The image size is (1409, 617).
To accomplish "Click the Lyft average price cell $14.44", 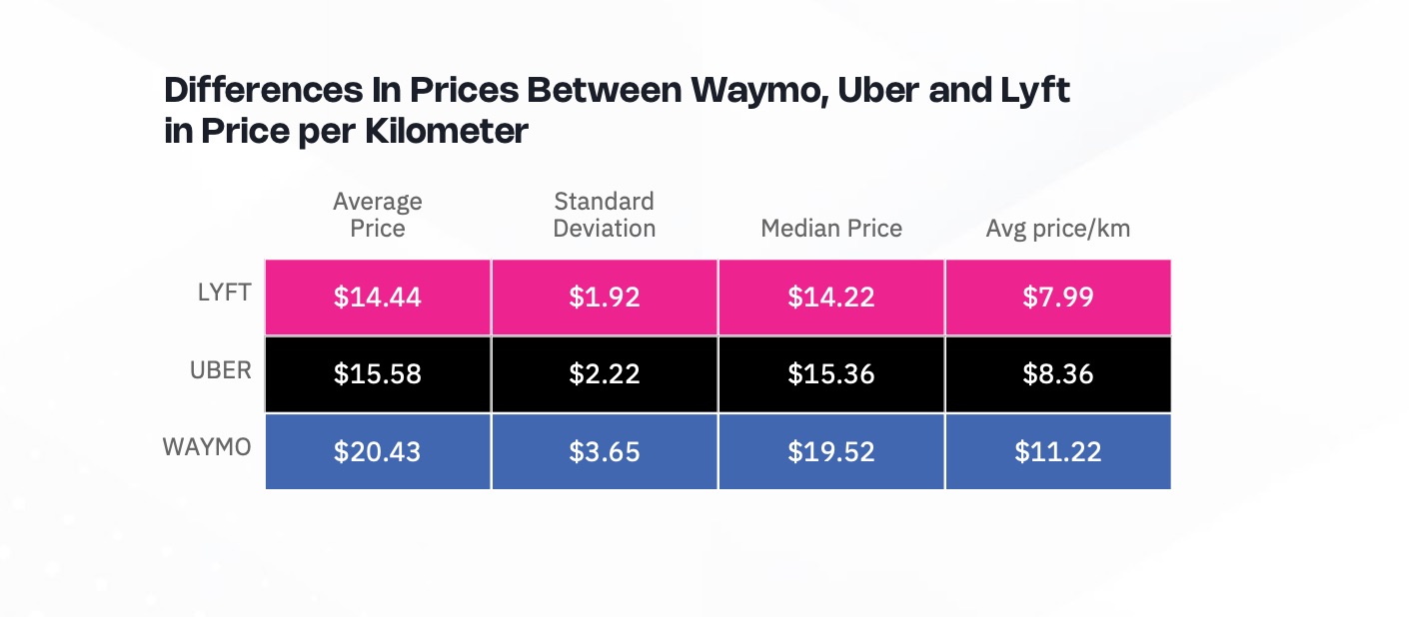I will (378, 298).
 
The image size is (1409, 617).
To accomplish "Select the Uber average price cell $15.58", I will (378, 374).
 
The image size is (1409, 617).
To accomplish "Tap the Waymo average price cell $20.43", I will (378, 451).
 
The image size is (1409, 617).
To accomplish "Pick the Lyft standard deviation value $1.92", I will (604, 298).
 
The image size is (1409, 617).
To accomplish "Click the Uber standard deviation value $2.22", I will (604, 374).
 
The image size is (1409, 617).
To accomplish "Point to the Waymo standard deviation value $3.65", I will (604, 451).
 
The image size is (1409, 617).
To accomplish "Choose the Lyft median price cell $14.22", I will (830, 298).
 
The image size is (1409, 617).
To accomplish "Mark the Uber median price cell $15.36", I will (830, 374).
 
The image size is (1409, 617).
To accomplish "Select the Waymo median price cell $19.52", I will (830, 451).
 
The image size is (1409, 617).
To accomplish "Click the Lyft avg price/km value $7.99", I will (1057, 298).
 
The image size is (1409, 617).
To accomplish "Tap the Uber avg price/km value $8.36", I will (1057, 374).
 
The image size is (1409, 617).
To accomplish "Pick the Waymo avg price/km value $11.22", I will (1057, 451).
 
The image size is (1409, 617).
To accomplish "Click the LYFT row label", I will (225, 294).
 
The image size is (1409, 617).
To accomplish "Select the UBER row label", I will (221, 370).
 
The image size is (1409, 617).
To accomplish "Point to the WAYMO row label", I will (207, 447).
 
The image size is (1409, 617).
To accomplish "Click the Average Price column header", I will (378, 215).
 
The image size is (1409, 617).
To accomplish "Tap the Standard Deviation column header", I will (604, 215).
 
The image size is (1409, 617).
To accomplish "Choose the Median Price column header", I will (830, 229).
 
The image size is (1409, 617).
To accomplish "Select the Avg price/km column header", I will (1057, 229).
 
